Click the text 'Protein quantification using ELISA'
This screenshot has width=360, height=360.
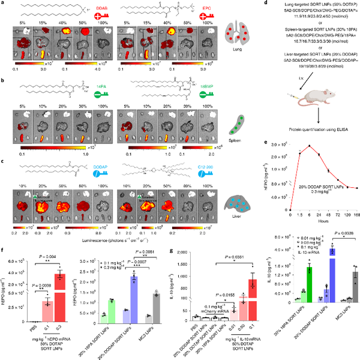point(304,124)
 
